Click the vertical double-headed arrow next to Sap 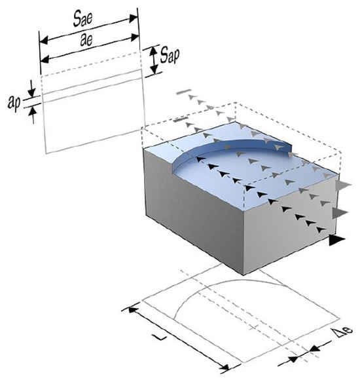154,60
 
